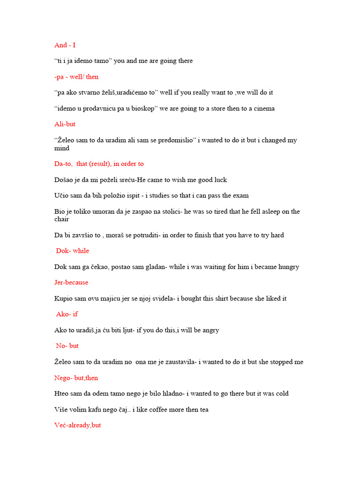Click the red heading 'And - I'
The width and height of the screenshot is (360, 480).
coord(65,45)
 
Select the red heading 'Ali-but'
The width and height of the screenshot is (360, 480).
coord(65,124)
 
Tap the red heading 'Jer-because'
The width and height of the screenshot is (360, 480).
coord(71,283)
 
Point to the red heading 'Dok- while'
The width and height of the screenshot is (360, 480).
coord(73,251)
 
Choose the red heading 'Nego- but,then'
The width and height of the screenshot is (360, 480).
coord(76,378)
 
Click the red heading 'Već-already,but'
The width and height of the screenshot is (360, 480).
coord(78,425)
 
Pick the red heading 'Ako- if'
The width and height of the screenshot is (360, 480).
coord(67,314)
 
